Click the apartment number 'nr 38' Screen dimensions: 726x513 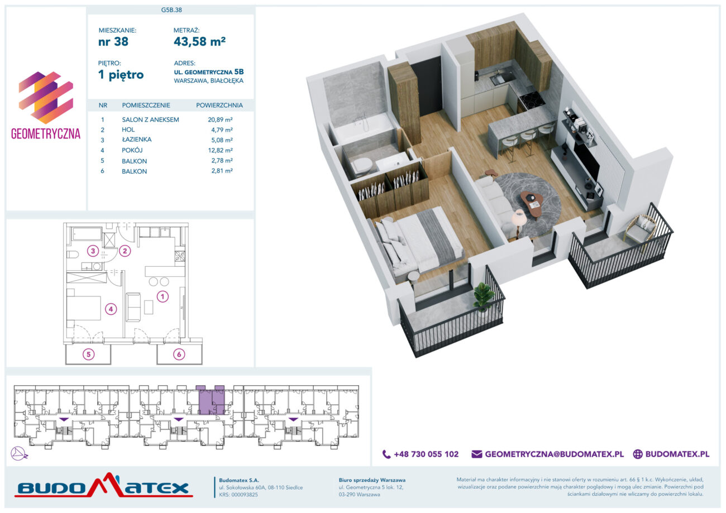(x=113, y=42)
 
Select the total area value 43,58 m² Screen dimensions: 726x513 (x=199, y=41)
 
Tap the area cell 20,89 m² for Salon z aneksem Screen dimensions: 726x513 (x=220, y=119)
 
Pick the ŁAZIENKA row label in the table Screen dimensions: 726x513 (x=136, y=140)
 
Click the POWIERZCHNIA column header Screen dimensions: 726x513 (x=219, y=106)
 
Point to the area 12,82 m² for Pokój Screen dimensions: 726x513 (x=221, y=150)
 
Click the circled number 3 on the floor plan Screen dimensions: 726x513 (x=93, y=251)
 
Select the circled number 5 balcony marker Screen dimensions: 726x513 (x=89, y=354)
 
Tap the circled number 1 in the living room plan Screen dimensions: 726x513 (x=163, y=296)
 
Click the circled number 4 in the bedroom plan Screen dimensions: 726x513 (x=111, y=309)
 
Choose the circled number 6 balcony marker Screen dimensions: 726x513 (x=179, y=354)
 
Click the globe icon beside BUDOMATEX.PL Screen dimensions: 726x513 (x=638, y=454)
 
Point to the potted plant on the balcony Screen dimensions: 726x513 (x=484, y=298)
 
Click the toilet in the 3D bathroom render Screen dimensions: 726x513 (x=362, y=165)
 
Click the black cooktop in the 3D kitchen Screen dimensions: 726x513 (x=532, y=98)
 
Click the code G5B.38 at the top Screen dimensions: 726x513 (x=171, y=10)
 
